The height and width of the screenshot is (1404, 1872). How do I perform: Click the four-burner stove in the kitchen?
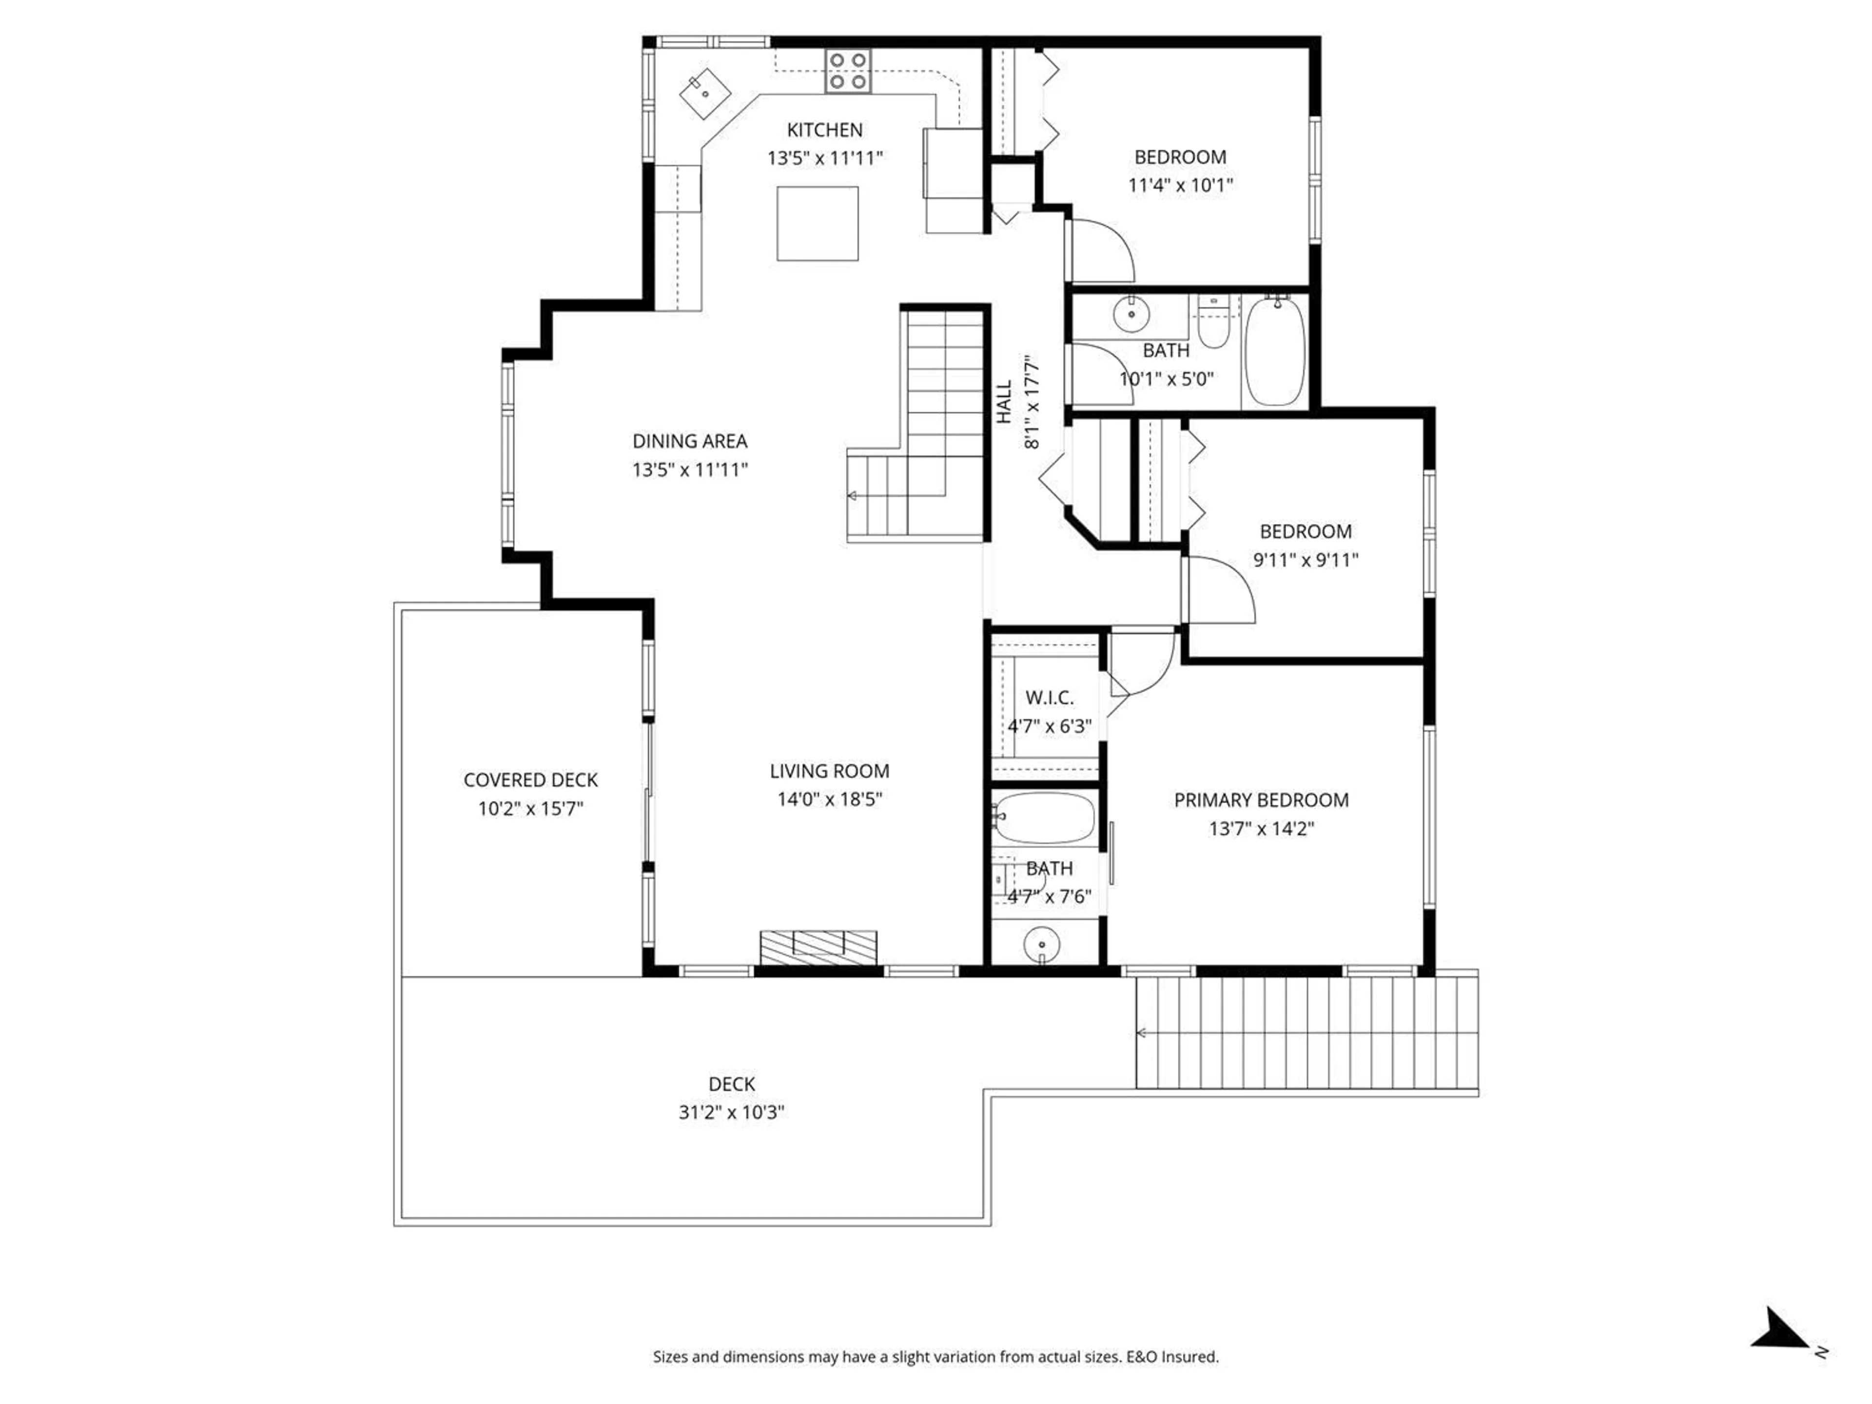[x=848, y=70]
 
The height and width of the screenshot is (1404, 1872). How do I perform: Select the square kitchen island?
[x=818, y=223]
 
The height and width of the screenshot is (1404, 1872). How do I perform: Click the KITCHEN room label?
[x=824, y=130]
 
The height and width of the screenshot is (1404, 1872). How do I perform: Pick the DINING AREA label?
[x=690, y=441]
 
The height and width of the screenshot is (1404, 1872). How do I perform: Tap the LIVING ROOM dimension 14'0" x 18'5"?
[x=829, y=799]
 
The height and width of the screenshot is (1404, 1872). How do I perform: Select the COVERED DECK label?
[x=530, y=780]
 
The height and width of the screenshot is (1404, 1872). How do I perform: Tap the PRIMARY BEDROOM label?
[x=1261, y=800]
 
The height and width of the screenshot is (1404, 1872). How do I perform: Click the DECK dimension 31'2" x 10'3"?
[x=731, y=1112]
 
